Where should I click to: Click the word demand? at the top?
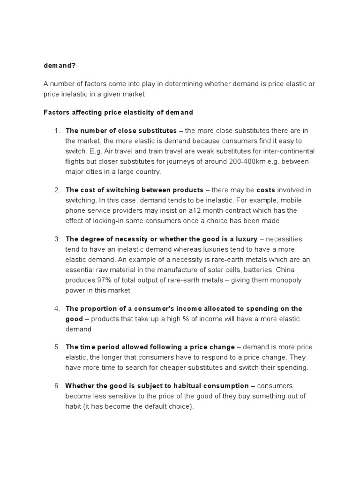coord(59,65)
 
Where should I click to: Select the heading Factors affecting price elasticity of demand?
coord(118,112)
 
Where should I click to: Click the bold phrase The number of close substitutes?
coord(121,130)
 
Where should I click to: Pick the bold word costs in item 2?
coord(266,190)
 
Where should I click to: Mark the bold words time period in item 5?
coord(98,347)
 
